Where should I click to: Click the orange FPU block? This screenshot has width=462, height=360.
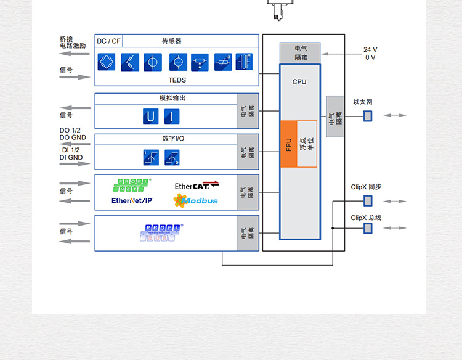289,144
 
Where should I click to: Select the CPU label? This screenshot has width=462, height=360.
299,82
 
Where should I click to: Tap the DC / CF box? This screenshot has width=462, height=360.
108,41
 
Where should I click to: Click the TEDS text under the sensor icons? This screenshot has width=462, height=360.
177,80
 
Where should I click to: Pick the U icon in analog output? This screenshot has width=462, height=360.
150,117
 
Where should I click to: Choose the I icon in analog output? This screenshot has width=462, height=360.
172,117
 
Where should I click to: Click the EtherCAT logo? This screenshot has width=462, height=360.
197,186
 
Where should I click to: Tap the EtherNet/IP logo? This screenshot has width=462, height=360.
132,200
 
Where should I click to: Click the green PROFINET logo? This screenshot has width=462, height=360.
132,184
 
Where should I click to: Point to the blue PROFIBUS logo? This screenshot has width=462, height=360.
163,232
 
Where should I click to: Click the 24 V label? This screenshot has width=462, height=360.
370,50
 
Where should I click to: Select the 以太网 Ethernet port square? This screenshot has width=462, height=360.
368,115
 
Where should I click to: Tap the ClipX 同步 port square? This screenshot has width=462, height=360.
368,200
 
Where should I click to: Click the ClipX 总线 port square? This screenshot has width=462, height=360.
368,228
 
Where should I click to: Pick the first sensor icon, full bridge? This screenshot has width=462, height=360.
107,62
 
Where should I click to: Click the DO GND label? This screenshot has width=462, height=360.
73,137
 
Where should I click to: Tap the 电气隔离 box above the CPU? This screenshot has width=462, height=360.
300,53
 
